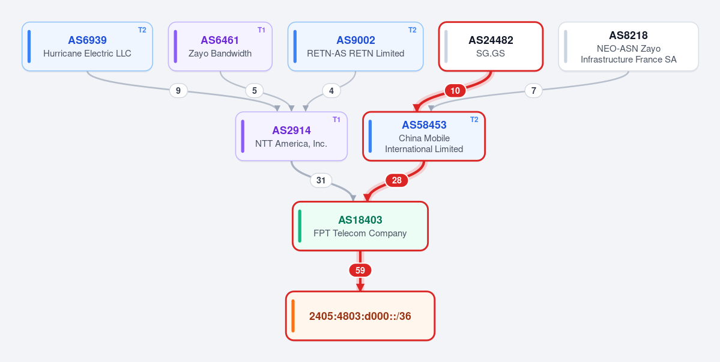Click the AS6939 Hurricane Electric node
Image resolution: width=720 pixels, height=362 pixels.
[87, 46]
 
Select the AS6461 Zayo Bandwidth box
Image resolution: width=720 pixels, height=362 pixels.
[220, 46]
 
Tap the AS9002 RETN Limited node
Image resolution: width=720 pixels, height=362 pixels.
[355, 46]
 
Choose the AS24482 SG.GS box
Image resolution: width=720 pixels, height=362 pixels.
[491, 46]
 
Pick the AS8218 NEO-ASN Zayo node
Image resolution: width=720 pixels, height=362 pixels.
[629, 46]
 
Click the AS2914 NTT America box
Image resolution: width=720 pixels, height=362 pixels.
[291, 136]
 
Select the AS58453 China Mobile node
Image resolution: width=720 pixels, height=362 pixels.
[424, 136]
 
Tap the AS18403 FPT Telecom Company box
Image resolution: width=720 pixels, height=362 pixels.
[360, 226]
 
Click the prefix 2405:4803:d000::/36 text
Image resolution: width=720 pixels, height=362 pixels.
[360, 316]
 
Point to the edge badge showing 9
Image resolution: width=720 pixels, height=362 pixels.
[178, 91]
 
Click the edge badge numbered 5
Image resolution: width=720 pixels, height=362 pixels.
[254, 91]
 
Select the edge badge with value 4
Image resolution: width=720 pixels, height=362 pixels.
[331, 91]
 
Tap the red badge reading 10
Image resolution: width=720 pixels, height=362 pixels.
[455, 91]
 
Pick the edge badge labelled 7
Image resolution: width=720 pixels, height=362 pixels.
[533, 91]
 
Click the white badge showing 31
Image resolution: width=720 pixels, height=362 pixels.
[321, 180]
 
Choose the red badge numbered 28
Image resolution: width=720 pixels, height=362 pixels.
[397, 180]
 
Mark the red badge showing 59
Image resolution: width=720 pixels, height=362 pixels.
[360, 270]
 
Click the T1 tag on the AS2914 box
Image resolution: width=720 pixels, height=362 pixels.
[337, 120]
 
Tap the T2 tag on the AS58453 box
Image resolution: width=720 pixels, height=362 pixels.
[474, 120]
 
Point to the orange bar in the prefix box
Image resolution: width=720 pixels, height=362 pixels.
[293, 316]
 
